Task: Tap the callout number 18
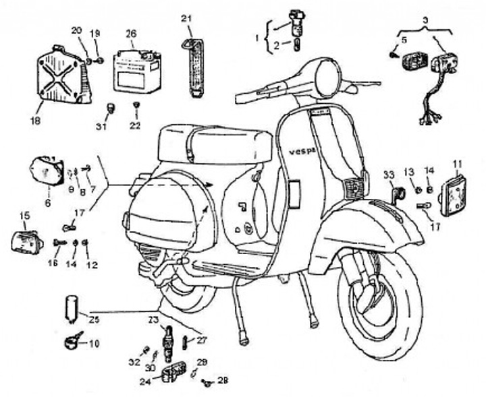click(x=35, y=121)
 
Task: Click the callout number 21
click(x=187, y=18)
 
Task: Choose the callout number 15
click(x=25, y=216)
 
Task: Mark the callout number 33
click(x=388, y=175)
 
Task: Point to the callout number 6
click(x=48, y=202)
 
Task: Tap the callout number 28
click(x=222, y=380)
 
